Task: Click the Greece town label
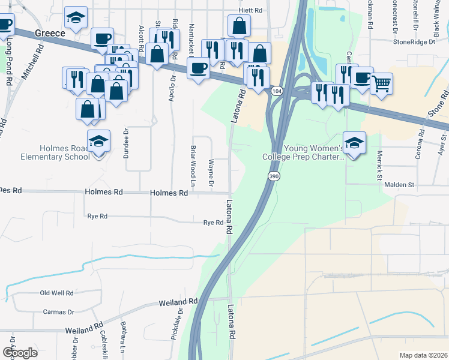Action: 50,34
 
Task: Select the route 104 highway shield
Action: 276,91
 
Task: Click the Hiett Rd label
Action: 250,11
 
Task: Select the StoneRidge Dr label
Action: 414,42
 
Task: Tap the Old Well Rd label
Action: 56,293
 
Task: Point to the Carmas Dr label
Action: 58,312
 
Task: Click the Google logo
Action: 20,353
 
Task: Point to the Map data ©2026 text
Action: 423,355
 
